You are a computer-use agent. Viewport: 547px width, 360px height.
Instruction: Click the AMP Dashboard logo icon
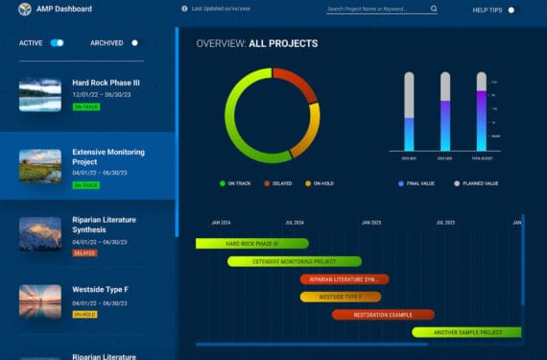[x=25, y=9]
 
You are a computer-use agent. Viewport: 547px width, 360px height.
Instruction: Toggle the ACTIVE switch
[x=57, y=43]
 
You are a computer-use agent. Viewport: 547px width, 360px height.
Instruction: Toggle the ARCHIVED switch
[x=134, y=43]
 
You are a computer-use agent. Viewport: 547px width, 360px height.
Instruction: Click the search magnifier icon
[x=434, y=9]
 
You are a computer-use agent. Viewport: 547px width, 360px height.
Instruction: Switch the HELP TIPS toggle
[x=511, y=10]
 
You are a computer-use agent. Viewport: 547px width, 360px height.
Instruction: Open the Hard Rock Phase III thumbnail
[x=39, y=94]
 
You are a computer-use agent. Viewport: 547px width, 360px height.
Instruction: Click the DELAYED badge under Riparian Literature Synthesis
[x=84, y=253]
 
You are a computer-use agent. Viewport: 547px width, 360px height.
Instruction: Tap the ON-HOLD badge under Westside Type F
[x=84, y=314]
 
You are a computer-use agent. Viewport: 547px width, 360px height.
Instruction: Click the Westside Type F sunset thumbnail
[x=39, y=300]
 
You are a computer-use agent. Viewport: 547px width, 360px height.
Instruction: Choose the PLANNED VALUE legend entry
[x=476, y=182]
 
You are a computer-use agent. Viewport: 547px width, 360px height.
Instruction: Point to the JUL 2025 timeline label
[x=445, y=223]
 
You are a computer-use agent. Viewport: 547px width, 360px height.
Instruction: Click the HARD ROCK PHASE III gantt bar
[x=251, y=244]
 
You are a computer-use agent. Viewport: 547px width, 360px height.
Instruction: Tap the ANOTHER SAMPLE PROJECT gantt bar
[x=467, y=332]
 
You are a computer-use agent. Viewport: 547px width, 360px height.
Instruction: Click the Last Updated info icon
[x=184, y=9]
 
